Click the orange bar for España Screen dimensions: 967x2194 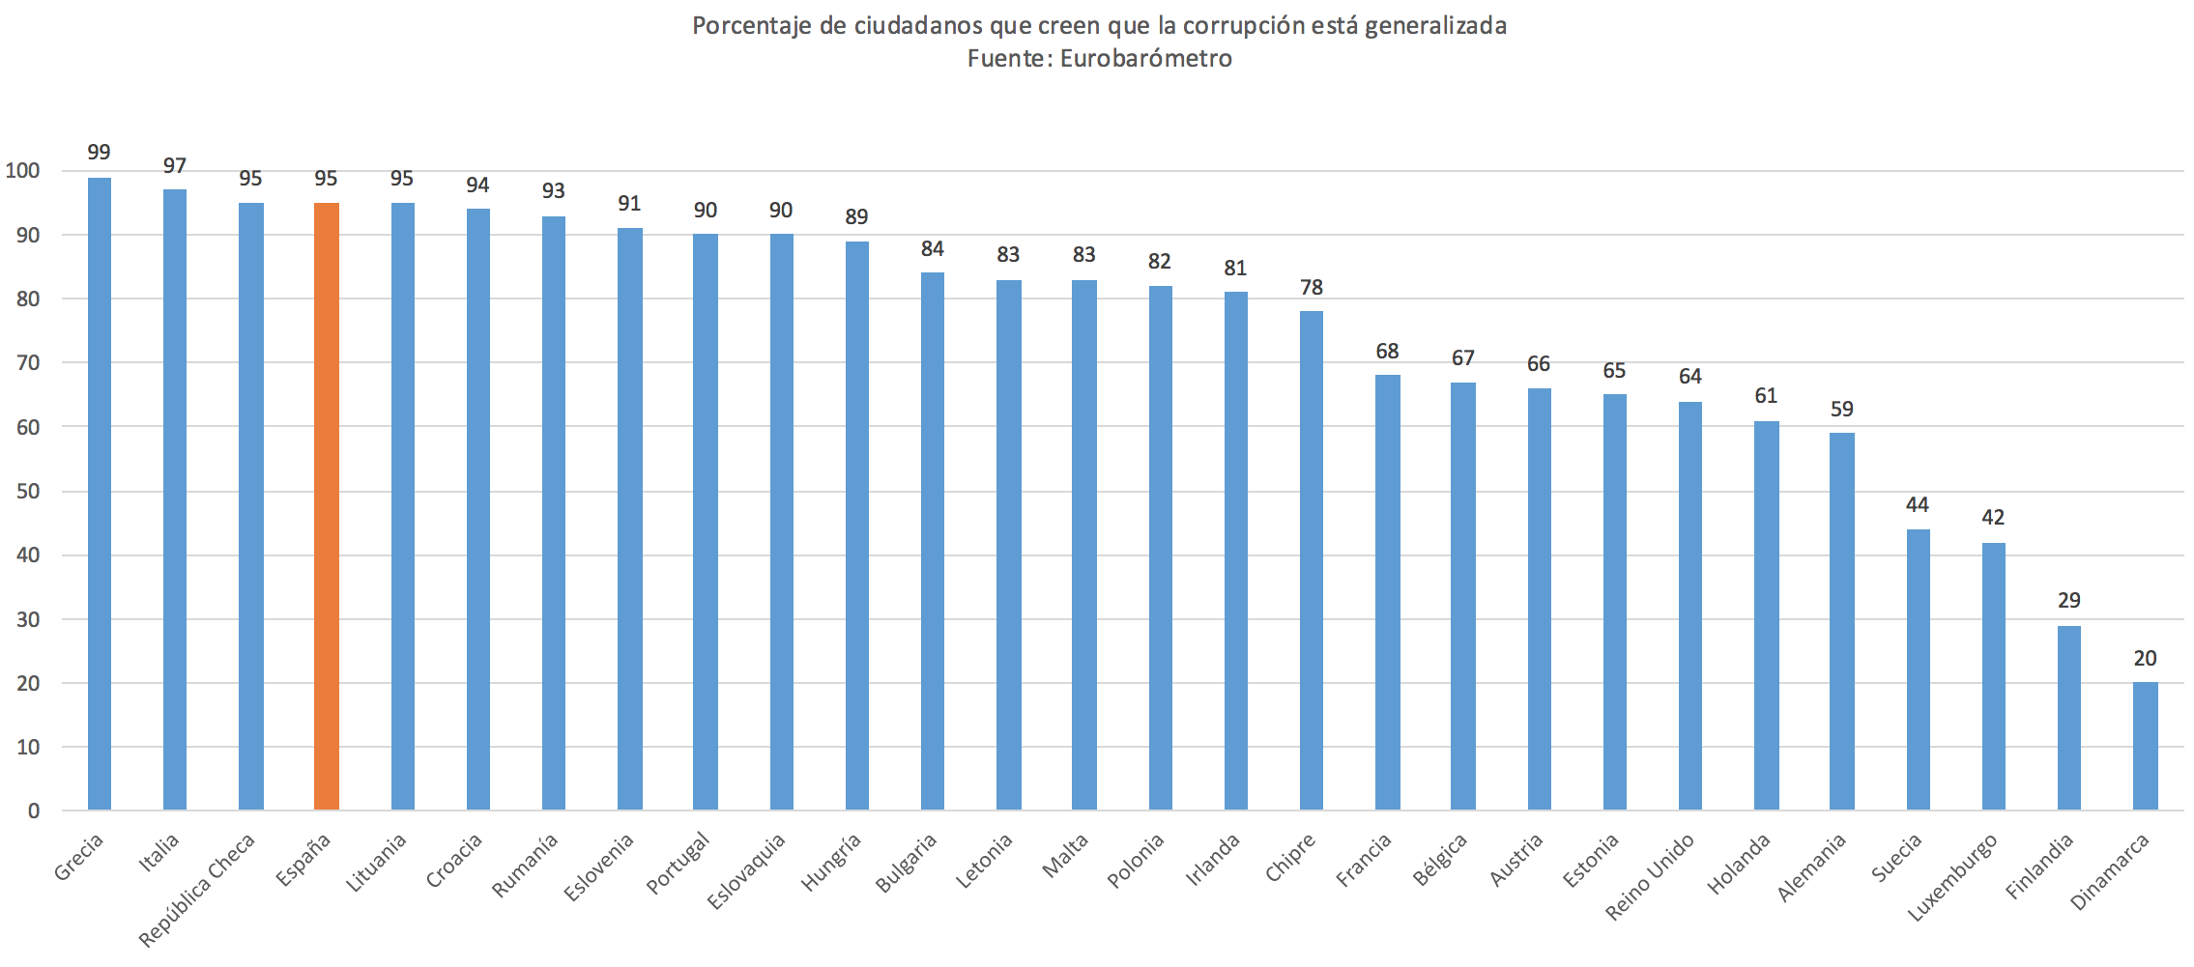pos(327,506)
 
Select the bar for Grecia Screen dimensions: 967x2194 pos(100,494)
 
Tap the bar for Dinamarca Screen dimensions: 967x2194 pos(2145,746)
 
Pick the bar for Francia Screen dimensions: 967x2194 pos(1387,592)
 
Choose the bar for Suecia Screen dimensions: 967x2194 pos(1918,669)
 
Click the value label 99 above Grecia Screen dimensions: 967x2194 pos(99,153)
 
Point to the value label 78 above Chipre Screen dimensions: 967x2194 pos(1311,288)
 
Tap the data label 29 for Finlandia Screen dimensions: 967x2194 pos(2068,601)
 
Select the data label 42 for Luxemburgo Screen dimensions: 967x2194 pos(1993,518)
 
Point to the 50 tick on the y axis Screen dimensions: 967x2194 pos(28,491)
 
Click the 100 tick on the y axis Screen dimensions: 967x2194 pos(22,171)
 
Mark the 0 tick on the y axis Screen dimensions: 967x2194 pos(34,811)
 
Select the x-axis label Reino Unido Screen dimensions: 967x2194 pos(1650,876)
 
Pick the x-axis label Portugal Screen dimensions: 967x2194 pos(678,864)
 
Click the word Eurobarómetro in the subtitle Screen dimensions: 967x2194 pos(1145,59)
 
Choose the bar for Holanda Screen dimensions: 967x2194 pos(1766,615)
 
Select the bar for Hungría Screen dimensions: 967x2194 pos(856,526)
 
